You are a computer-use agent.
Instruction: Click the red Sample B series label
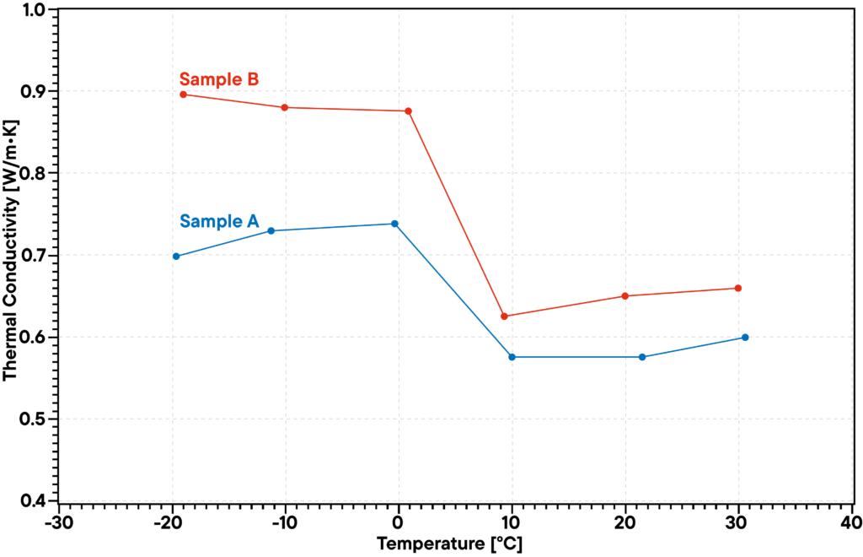218,80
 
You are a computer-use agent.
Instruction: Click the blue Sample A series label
218,222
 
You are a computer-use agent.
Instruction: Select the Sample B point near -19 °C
184,94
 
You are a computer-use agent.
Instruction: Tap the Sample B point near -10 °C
285,107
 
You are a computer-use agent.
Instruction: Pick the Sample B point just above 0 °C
409,111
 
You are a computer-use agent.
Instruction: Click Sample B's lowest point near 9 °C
505,316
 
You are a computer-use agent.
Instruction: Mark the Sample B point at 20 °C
624,295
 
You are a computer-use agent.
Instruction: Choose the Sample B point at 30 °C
738,288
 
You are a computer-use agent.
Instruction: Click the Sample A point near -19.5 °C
176,256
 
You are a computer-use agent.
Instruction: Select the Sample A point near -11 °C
271,230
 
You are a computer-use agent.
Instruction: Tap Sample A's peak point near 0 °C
394,224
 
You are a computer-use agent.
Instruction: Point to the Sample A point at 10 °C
512,357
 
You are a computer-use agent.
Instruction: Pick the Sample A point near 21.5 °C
642,357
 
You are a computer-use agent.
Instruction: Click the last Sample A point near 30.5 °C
745,338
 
